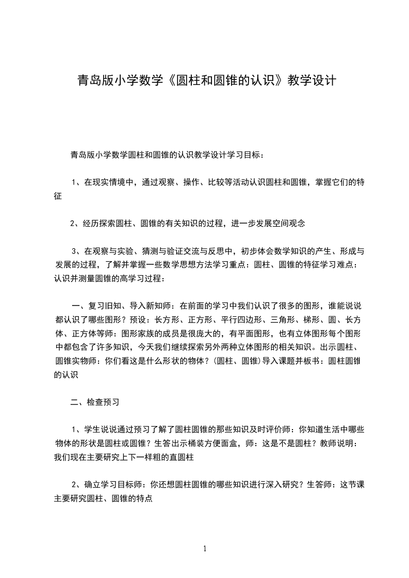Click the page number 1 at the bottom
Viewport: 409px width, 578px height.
(x=205, y=549)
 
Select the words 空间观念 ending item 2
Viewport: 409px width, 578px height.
(x=289, y=224)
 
